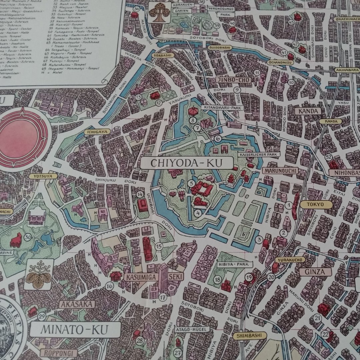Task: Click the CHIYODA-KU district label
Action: (x=186, y=163)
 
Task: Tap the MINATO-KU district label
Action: (x=74, y=330)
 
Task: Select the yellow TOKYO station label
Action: (x=316, y=204)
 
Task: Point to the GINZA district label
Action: (x=314, y=272)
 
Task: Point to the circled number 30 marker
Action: (x=28, y=237)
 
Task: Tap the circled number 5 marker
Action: (x=191, y=183)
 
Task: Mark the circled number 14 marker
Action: (x=140, y=194)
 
